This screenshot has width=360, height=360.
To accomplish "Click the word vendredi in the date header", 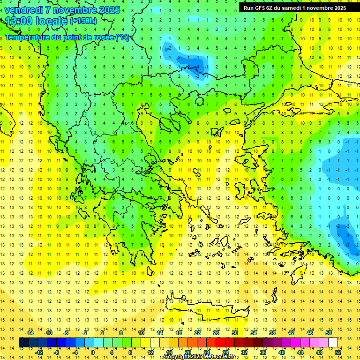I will point(24,10).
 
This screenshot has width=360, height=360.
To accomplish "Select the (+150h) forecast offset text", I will point(83,21).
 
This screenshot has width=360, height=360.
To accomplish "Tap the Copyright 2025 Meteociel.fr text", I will point(199,357).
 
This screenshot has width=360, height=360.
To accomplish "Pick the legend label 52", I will point(338,352).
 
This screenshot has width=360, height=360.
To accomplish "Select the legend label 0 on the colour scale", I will point(92,352).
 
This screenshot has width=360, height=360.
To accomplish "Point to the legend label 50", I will point(328,333).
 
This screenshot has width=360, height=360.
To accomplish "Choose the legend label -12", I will point(39,352).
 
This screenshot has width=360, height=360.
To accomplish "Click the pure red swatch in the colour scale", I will point(221,343).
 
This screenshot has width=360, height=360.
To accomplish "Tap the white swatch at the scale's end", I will point(333,343).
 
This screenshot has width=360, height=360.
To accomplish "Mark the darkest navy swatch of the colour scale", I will point(23,343).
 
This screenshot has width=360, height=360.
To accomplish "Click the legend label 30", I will point(234,333).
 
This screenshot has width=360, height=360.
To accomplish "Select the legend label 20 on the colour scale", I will point(187,352).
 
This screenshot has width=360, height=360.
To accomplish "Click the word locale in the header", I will point(51,21).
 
